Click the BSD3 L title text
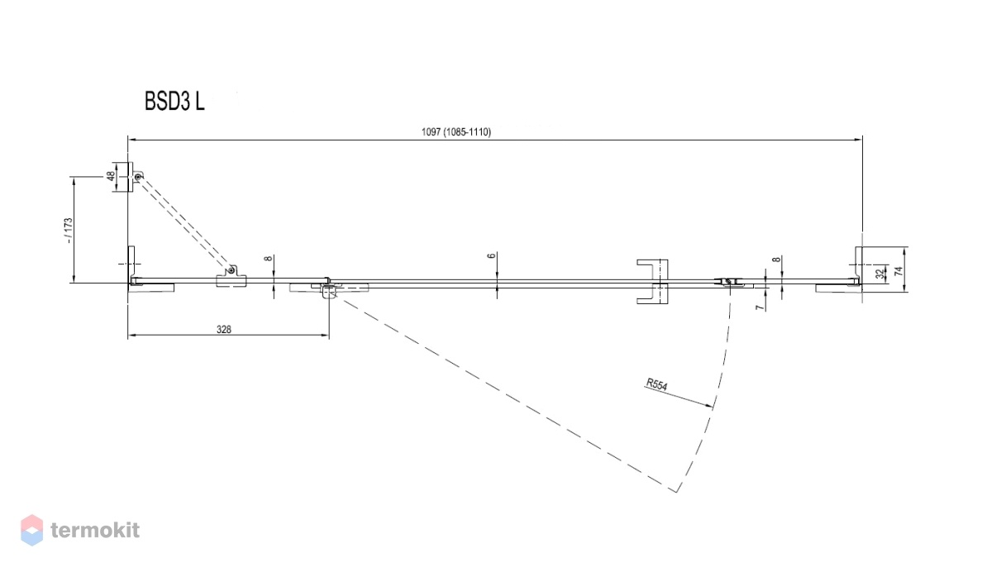click(174, 102)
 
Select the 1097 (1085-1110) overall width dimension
click(456, 132)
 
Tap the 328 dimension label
click(224, 329)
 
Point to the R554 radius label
click(656, 384)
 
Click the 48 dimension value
click(110, 176)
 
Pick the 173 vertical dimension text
click(68, 230)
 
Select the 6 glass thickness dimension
click(491, 256)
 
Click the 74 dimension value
click(899, 271)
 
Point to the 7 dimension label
click(761, 307)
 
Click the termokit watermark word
click(95, 530)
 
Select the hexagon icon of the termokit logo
click(32, 530)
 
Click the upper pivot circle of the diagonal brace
click(138, 177)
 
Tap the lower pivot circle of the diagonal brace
click(231, 270)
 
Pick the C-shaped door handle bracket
click(653, 282)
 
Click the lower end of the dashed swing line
click(676, 492)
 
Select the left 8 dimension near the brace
click(269, 259)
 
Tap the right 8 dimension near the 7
click(777, 260)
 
